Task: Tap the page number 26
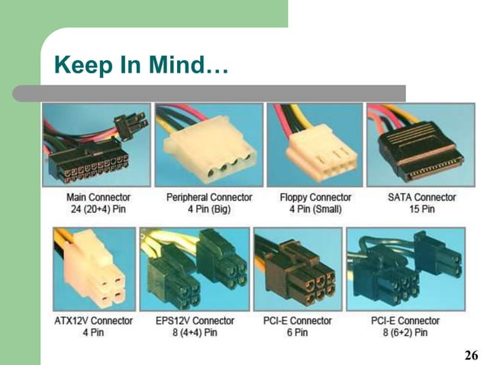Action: tap(471, 356)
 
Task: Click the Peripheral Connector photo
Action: tap(208, 145)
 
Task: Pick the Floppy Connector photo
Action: tap(314, 145)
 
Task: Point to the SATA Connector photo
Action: tap(421, 145)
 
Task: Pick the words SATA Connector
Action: tap(421, 198)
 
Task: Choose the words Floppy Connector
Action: tap(315, 198)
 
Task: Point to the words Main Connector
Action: tap(98, 198)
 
